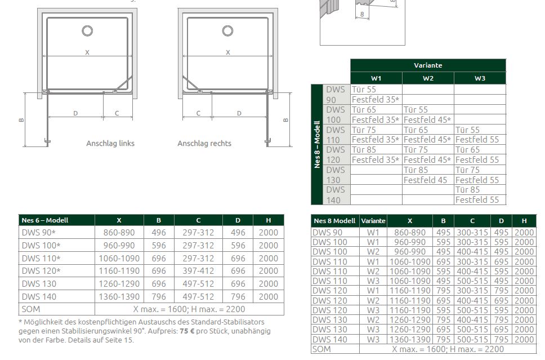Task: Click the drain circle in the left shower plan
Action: tap(87, 26)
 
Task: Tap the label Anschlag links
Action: tap(110, 143)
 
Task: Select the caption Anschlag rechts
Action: tap(204, 143)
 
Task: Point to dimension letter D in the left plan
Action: tap(75, 113)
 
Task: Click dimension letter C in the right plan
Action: tap(199, 113)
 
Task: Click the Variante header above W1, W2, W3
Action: tap(428, 65)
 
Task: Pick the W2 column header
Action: tap(428, 78)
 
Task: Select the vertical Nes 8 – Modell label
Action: tap(316, 144)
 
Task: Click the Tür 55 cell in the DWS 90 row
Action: tap(364, 90)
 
